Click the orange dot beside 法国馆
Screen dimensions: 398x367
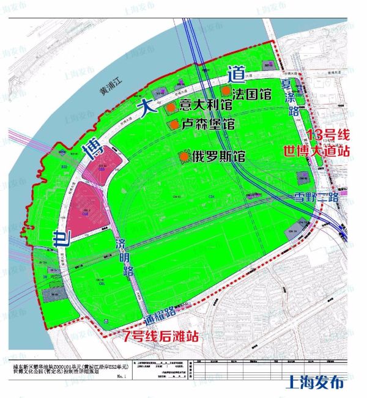226,91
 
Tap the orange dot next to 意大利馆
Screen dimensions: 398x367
171,107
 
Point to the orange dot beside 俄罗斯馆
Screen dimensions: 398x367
183,157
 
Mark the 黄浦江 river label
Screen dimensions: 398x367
111,90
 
